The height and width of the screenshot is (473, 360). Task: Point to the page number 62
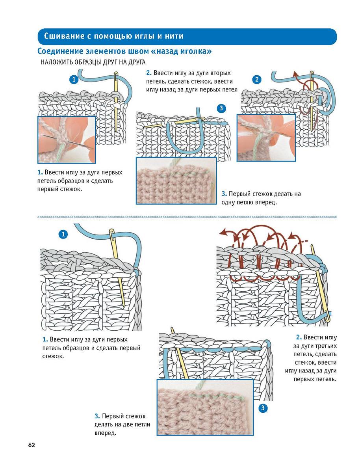[x=32, y=445]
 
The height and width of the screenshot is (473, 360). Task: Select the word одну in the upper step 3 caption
[x=230, y=203]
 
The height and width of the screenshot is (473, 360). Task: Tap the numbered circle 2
[x=257, y=80]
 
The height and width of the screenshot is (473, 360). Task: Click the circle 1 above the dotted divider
[x=73, y=79]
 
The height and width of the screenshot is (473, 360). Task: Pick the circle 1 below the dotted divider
[x=63, y=235]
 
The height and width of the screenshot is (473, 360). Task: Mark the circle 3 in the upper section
[x=221, y=108]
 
